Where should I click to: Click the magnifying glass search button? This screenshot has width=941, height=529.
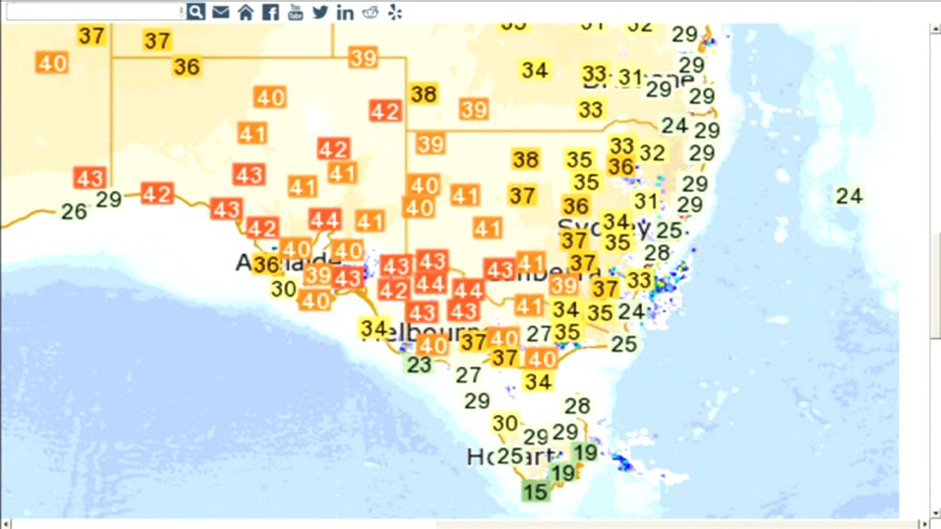[x=196, y=11]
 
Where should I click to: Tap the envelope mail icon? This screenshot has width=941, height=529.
[x=221, y=11]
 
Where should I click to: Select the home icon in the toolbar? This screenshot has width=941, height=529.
[x=245, y=11]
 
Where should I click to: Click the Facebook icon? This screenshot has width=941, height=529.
[x=270, y=11]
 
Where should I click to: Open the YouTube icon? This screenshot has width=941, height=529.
[x=295, y=11]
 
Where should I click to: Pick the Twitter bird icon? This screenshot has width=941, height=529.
[x=320, y=11]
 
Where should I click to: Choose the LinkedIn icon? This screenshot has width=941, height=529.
[x=345, y=11]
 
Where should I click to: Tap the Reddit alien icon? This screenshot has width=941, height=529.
[x=370, y=11]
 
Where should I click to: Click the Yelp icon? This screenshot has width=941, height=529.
[x=395, y=11]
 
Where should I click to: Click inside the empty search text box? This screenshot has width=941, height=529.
[x=92, y=11]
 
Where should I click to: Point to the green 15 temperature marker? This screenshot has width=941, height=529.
[x=535, y=491]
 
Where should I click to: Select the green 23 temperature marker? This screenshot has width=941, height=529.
[x=419, y=365]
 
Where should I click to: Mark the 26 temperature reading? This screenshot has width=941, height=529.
[x=74, y=212]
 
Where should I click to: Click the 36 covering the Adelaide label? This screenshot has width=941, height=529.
[x=266, y=265]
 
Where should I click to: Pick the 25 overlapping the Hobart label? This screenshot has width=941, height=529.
[x=509, y=456]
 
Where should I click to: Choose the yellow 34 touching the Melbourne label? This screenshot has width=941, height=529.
[x=373, y=327]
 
